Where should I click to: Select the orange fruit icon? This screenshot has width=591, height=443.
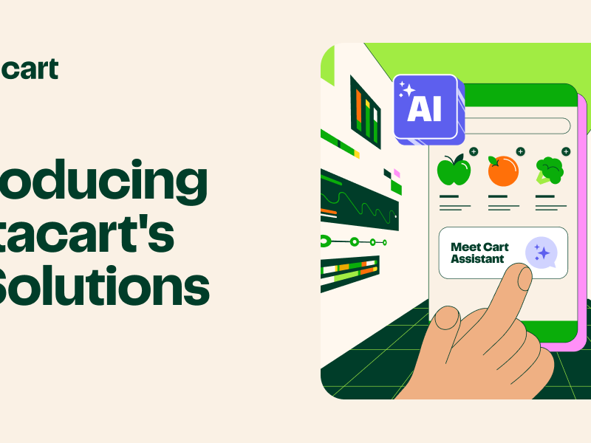pos(502,171)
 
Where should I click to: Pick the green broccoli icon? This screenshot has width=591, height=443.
pos(549,170)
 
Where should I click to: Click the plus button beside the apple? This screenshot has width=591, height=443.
pos(474,151)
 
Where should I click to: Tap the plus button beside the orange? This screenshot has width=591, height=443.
pos(520,151)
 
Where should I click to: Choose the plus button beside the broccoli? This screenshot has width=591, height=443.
pos(566,151)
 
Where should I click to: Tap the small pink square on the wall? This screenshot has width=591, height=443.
pos(397,174)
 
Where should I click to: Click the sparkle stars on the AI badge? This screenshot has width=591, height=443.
pos(406,91)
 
